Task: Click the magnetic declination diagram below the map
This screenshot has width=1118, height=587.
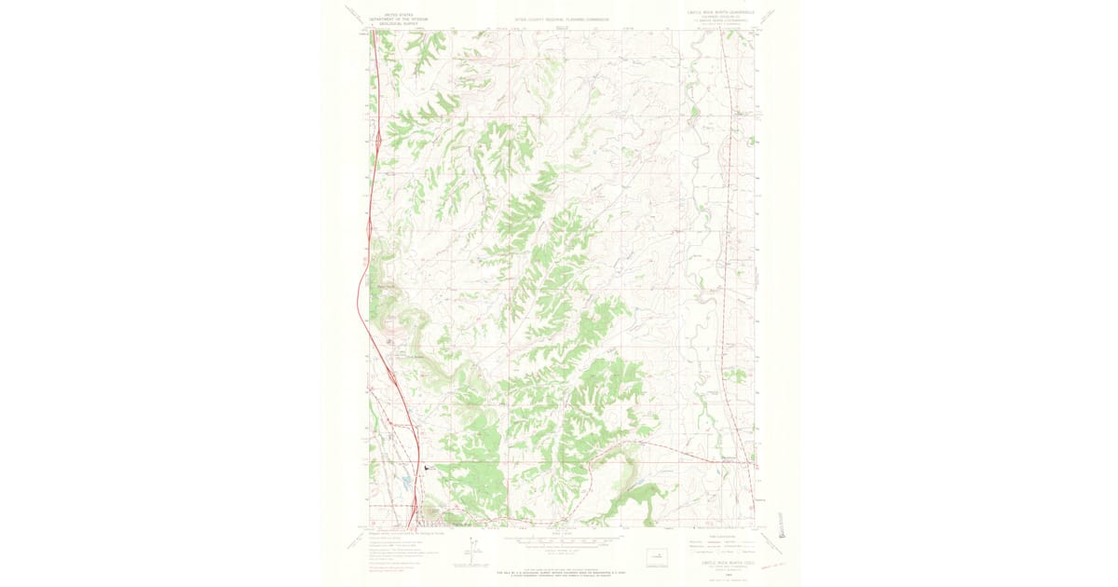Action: (473, 552)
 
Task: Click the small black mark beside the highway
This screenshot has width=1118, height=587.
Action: (426, 469)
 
